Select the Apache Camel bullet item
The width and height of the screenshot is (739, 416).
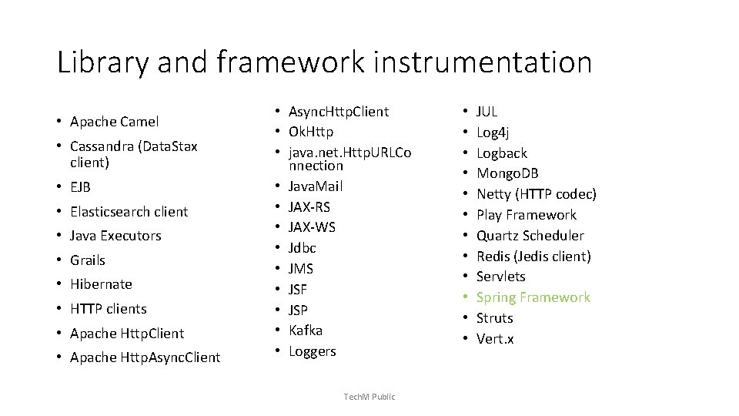114,122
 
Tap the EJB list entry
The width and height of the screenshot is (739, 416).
80,187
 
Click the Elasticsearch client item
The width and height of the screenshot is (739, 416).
129,212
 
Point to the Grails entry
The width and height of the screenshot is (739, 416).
87,260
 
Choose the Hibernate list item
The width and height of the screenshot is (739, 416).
101,284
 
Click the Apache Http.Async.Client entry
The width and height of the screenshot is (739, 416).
145,357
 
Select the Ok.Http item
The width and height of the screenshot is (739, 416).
310,132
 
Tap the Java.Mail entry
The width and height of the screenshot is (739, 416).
315,186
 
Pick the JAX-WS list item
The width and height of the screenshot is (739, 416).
311,227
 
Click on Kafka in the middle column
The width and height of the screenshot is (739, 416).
306,330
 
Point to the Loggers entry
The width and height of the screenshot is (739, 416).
312,351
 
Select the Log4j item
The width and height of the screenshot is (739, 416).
493,132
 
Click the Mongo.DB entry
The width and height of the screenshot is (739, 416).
507,173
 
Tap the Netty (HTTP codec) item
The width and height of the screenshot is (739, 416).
536,194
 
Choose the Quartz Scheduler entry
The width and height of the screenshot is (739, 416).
530,236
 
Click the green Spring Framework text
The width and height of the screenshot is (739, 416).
533,297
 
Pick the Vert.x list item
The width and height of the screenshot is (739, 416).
495,339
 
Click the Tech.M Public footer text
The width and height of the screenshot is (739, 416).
369,397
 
